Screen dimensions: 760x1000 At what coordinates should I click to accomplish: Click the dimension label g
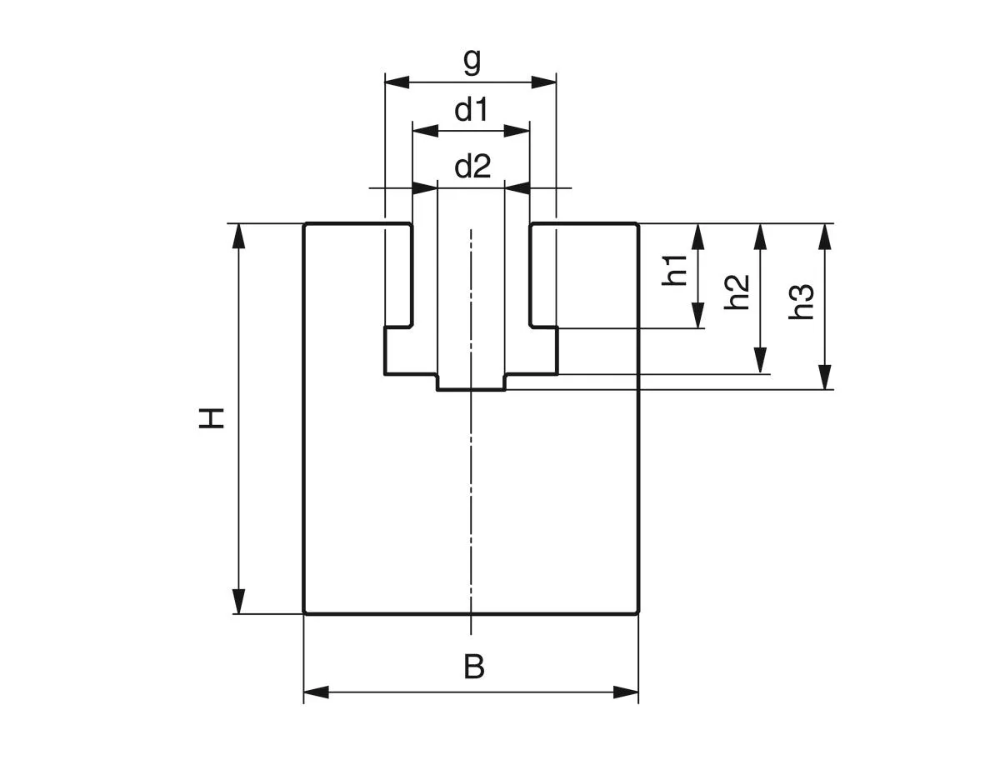[472, 61]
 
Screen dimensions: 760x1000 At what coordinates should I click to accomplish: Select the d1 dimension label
[471, 110]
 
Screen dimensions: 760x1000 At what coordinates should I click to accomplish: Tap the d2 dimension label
[472, 167]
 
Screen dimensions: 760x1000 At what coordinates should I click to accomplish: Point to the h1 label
[676, 270]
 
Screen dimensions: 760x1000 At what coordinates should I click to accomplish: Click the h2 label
[737, 292]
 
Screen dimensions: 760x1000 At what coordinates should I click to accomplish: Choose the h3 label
[802, 302]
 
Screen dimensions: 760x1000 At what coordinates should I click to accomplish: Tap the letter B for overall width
[473, 667]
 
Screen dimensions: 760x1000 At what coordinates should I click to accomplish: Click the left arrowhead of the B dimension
[317, 692]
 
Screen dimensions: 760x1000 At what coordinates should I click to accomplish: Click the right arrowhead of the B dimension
[626, 692]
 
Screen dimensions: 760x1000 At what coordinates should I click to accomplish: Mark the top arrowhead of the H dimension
[239, 236]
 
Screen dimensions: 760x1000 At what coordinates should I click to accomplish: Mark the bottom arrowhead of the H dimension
[239, 601]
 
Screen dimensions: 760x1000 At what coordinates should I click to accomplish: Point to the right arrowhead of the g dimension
[543, 82]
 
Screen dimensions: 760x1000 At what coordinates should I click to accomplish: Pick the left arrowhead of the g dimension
[397, 82]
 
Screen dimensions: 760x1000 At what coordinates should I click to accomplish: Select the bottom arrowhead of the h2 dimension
[760, 361]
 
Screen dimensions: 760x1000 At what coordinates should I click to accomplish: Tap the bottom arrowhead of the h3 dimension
[825, 377]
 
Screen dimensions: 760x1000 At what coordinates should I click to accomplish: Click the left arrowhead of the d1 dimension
[426, 130]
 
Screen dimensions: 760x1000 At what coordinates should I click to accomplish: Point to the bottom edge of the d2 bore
[471, 389]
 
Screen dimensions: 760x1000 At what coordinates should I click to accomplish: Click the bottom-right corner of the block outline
[637, 613]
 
